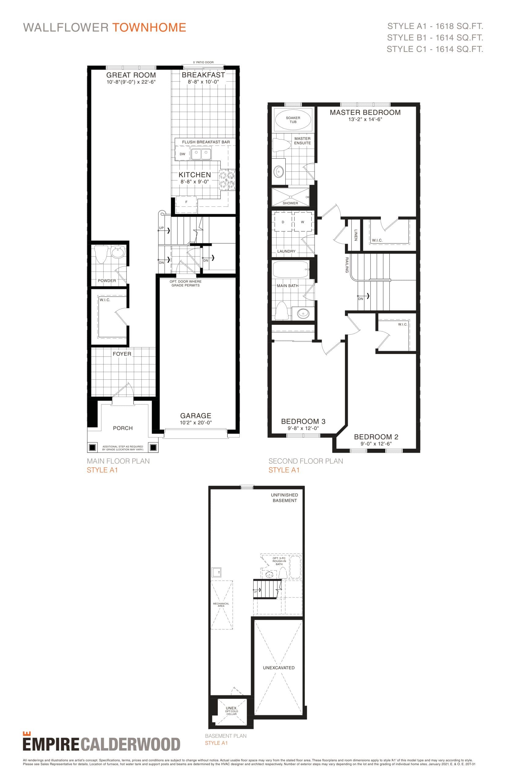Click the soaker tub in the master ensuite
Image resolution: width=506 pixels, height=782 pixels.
(293, 120)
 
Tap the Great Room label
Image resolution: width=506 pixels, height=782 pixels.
(131, 75)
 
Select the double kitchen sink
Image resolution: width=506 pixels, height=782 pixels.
(201, 154)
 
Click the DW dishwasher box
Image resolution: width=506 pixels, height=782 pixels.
(182, 154)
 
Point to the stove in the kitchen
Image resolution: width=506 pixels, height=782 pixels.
(227, 180)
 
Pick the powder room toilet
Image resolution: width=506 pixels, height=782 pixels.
(101, 254)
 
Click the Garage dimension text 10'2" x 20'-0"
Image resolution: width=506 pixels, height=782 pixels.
(196, 423)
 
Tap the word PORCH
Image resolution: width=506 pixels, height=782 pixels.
(123, 428)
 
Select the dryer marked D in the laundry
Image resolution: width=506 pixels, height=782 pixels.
(283, 222)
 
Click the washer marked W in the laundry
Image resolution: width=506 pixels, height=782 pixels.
(302, 222)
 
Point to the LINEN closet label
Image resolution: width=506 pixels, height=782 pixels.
(356, 235)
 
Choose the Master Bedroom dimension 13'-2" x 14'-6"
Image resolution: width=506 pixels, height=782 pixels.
(365, 119)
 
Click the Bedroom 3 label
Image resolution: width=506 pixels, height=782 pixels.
(303, 421)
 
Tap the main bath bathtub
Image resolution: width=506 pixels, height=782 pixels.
(291, 269)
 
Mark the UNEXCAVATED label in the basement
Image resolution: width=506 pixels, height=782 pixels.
(279, 668)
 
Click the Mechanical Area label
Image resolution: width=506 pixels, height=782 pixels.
(221, 605)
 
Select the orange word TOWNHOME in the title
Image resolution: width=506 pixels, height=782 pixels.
(149, 27)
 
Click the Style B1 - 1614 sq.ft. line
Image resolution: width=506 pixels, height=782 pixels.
(435, 38)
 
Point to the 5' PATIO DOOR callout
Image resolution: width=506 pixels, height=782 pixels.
(203, 62)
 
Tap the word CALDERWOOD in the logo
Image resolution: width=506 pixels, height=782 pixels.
(130, 744)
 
